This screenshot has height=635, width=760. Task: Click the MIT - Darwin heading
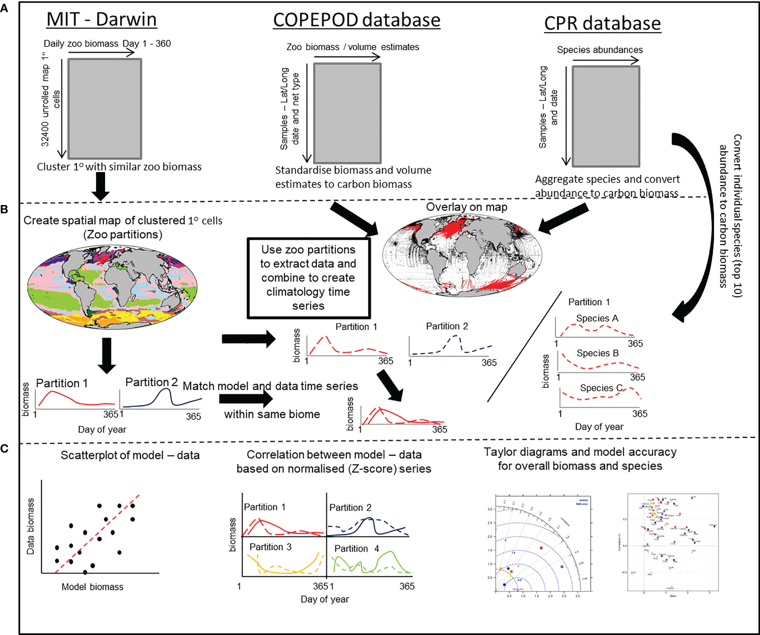(102, 20)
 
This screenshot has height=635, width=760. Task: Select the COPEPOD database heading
(357, 20)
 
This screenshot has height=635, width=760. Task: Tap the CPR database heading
(602, 23)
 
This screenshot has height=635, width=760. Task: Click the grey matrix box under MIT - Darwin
(105, 109)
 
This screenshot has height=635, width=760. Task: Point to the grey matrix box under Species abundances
(606, 116)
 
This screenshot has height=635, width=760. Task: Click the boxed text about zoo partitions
(309, 278)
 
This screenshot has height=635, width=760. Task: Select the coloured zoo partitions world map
(112, 287)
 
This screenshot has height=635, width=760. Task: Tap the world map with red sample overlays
(462, 255)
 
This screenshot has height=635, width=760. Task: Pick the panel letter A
(4, 8)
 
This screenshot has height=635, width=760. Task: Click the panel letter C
(4, 449)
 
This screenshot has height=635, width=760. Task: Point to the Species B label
(598, 353)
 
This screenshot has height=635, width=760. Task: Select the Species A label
(597, 318)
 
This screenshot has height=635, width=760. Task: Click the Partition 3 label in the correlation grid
(270, 547)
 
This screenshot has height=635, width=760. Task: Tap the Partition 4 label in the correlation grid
(356, 549)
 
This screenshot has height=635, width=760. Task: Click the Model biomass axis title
(92, 587)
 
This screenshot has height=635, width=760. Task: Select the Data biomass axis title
(31, 526)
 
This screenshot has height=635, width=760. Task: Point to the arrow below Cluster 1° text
(101, 186)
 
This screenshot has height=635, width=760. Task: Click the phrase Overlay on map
(467, 207)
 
